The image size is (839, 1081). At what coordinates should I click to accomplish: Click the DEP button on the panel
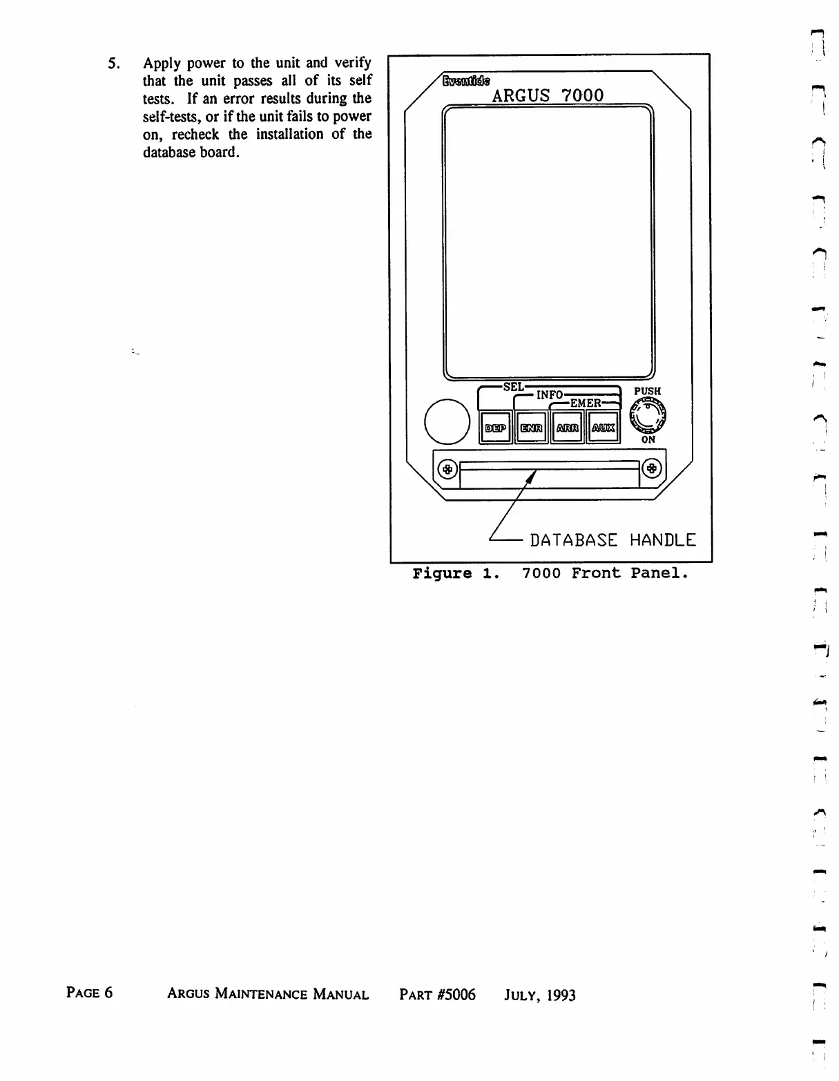495,428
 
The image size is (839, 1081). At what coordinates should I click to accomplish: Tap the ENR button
531,428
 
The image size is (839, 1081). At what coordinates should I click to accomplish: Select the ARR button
567,428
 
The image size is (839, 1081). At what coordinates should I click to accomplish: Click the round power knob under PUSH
648,416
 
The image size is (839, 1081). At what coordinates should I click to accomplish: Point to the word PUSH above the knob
647,391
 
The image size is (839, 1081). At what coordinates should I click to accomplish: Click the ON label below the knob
648,439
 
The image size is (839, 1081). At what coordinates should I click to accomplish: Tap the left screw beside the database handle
447,470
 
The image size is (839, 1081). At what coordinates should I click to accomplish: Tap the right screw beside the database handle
651,470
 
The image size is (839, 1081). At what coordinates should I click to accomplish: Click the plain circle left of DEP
447,421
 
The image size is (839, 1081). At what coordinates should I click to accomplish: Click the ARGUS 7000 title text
548,95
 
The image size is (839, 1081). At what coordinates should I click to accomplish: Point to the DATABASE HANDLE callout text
613,540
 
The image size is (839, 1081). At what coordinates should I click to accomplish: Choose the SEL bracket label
513,387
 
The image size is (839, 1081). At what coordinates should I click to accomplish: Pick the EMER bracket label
585,403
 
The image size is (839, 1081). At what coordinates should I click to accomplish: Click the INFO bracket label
550,395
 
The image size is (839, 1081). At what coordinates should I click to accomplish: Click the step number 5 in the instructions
113,64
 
